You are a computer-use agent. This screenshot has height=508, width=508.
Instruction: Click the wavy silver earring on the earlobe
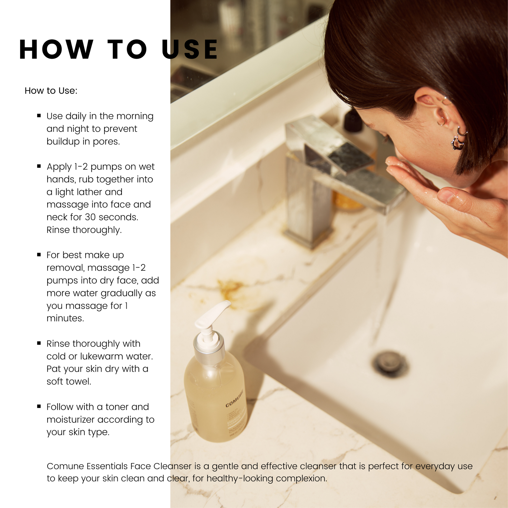(458, 143)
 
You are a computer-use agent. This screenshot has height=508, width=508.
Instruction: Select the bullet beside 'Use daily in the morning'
(39, 115)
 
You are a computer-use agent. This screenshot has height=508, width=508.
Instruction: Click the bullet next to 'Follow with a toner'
(39, 406)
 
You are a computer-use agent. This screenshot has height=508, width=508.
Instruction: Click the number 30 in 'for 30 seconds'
(90, 217)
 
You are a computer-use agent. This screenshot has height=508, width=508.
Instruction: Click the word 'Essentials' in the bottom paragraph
(107, 466)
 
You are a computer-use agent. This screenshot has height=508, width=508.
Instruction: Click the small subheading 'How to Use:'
(51, 91)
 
